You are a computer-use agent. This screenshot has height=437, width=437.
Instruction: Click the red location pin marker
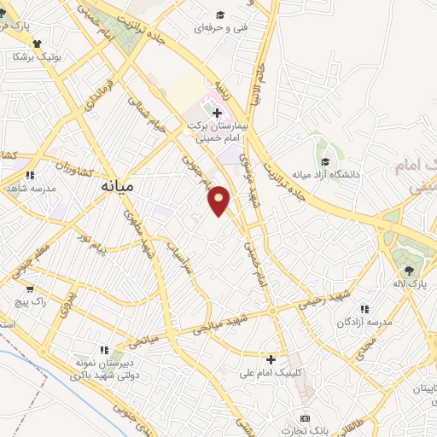coord(219,200)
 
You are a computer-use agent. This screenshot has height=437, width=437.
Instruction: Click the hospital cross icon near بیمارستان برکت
coord(217,113)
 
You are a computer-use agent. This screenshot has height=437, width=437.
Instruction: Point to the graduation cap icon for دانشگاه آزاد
coord(325,161)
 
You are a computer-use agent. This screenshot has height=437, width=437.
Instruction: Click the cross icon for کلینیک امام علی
coord(271,359)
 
